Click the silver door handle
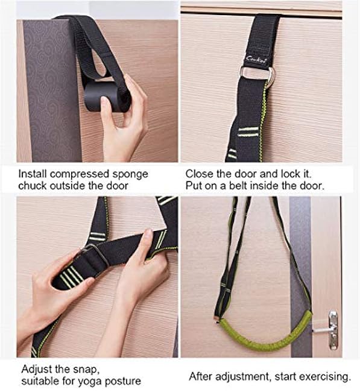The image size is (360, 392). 330,329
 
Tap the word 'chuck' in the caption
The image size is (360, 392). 32,186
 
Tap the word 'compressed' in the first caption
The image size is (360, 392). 77,174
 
